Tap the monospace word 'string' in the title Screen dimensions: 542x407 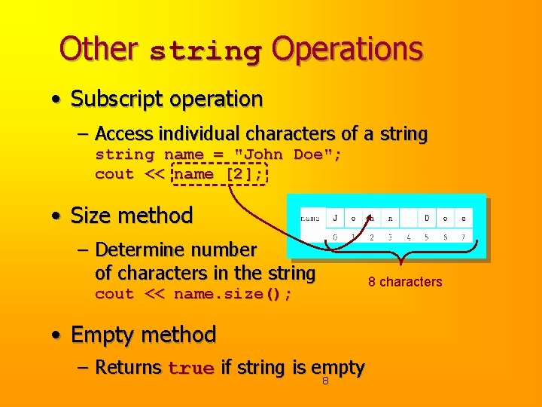click(205, 51)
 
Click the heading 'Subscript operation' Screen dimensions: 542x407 click(166, 99)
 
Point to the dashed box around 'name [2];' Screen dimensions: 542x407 click(219, 174)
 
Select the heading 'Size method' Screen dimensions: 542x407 click(132, 216)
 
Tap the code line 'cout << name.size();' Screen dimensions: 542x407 click(193, 294)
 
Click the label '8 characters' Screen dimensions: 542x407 click(405, 282)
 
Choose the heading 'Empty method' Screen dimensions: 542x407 click(143, 334)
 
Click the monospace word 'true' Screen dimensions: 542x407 click(191, 369)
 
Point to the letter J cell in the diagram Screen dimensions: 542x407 click(335, 219)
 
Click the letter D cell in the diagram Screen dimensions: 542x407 click(427, 219)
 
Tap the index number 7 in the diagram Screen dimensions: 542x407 click(464, 237)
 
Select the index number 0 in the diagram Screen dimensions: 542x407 click(335, 237)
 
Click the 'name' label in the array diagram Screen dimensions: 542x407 click(310, 219)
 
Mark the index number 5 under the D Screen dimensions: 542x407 click(427, 237)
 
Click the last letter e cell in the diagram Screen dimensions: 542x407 click(464, 219)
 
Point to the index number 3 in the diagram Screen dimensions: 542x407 click(390, 237)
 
